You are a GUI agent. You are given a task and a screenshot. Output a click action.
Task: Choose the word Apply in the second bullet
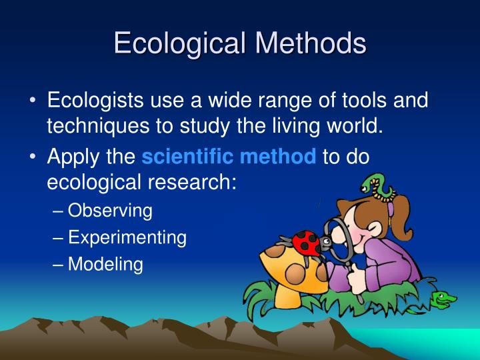pyautogui.click(x=72, y=157)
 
